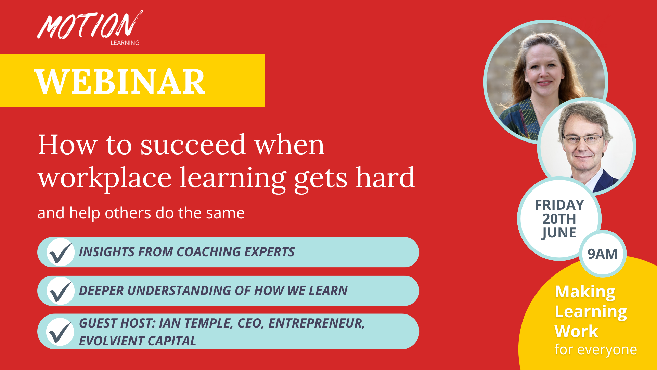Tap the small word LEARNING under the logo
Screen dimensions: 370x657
125,43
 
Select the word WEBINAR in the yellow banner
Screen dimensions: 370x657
120,82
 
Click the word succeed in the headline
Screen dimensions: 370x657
193,145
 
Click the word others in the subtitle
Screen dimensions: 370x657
128,213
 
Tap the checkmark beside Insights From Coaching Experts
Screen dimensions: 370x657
60,253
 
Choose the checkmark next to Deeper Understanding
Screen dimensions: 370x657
60,291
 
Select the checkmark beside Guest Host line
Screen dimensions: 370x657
60,332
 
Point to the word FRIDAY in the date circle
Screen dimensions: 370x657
559,205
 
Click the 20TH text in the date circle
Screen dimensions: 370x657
559,219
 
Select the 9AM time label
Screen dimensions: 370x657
602,254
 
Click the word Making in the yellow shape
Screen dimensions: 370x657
585,292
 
